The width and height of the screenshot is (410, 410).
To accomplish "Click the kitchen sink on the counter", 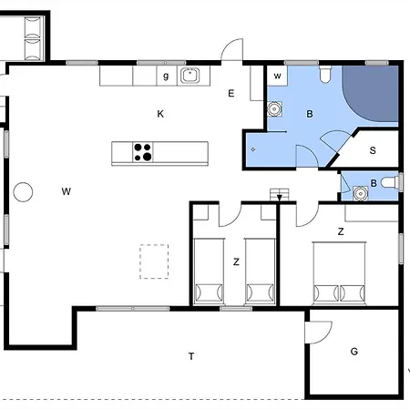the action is coord(190,76).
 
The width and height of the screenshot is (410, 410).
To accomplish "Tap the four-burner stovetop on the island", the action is coord(143,152).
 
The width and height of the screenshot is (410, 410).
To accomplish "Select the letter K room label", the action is coord(160,114).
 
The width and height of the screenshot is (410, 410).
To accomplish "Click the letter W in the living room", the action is coord(67,191).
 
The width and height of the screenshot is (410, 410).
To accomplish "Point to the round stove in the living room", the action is coord(23,192).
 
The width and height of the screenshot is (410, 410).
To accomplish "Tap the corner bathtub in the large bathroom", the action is coord(370,94).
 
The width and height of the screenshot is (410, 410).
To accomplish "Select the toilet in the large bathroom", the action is coord(325,75).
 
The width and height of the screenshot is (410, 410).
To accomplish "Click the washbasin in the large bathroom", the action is coord(274,108).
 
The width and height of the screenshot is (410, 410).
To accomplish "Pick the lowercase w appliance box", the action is coord(277,76).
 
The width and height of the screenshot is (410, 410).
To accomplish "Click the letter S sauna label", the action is coord(373,150).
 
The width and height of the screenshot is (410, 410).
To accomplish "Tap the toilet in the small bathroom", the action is coord(390,183).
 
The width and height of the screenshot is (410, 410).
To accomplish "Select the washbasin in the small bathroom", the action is coord(361,193).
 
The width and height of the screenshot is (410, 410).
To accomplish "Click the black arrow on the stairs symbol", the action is coord(280,198).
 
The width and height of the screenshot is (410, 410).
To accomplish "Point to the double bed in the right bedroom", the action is coord(339,273).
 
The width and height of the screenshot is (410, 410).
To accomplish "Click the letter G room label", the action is coord(354,352).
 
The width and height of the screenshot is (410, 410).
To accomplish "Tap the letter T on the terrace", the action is coord(191,356).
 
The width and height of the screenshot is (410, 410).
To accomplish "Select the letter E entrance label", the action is coord(231,94).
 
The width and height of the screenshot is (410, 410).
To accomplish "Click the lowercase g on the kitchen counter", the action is coord(166,76).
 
